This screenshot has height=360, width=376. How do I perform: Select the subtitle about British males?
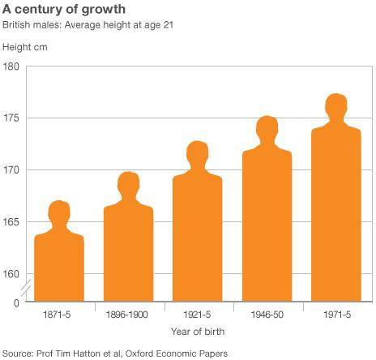pyautogui.click(x=93, y=27)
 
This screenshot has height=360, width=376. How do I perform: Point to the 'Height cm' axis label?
pyautogui.click(x=26, y=48)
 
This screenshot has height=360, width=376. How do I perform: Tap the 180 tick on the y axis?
pyautogui.click(x=11, y=66)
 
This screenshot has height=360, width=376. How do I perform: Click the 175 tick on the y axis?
pyautogui.click(x=11, y=118)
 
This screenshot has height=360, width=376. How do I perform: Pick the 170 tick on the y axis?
pyautogui.click(x=11, y=170)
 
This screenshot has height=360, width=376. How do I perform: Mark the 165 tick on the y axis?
pyautogui.click(x=11, y=222)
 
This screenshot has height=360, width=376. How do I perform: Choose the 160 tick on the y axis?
pyautogui.click(x=11, y=274)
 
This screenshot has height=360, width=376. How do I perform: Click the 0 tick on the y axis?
pyautogui.click(x=16, y=302)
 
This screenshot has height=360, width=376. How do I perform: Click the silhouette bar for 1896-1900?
pyautogui.click(x=128, y=251)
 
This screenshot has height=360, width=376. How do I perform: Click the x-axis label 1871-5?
pyautogui.click(x=59, y=313)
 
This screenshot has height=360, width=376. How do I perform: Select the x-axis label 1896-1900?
pyautogui.click(x=129, y=313)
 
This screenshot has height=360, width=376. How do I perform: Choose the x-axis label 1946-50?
pyautogui.click(x=267, y=313)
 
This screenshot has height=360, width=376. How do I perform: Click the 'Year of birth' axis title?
pyautogui.click(x=198, y=332)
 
